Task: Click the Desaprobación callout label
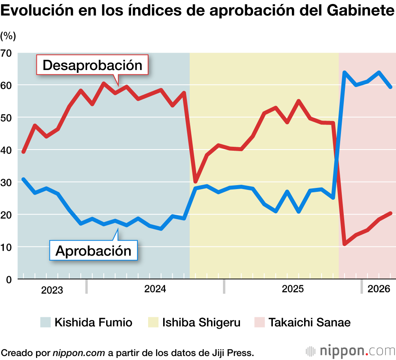point(92,65)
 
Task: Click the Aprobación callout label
point(93,250)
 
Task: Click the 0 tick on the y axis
point(9,279)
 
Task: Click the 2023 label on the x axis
point(52,290)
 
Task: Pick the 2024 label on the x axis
point(155,289)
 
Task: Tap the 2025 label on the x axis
point(293,289)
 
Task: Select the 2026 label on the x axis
point(379,289)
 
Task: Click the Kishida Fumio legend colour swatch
point(46,322)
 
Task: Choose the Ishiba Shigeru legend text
point(201,322)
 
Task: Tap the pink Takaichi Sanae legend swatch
point(259,322)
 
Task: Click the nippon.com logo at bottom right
point(350,351)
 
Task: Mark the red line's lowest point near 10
point(345,244)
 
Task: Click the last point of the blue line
point(390,87)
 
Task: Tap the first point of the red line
point(23,152)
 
